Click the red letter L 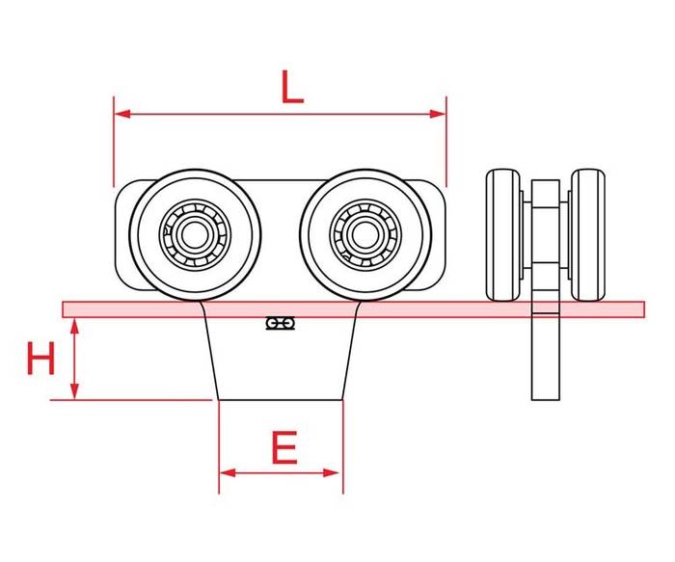(x=292, y=87)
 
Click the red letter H (x=40, y=358)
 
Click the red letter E (x=284, y=447)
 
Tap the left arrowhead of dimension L (x=122, y=114)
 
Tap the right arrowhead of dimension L (x=438, y=114)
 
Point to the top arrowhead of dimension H (x=75, y=327)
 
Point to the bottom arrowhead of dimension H (x=75, y=391)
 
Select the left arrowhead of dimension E (x=228, y=473)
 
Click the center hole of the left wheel (x=195, y=235)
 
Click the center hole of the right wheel (x=365, y=235)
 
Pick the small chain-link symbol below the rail (x=281, y=323)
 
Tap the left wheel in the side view (x=503, y=235)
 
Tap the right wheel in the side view (x=588, y=235)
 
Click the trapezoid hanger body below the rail (x=281, y=359)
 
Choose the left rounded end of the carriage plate (x=124, y=235)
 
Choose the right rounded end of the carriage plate (x=435, y=235)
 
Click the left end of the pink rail (x=64, y=309)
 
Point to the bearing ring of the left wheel (x=195, y=203)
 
